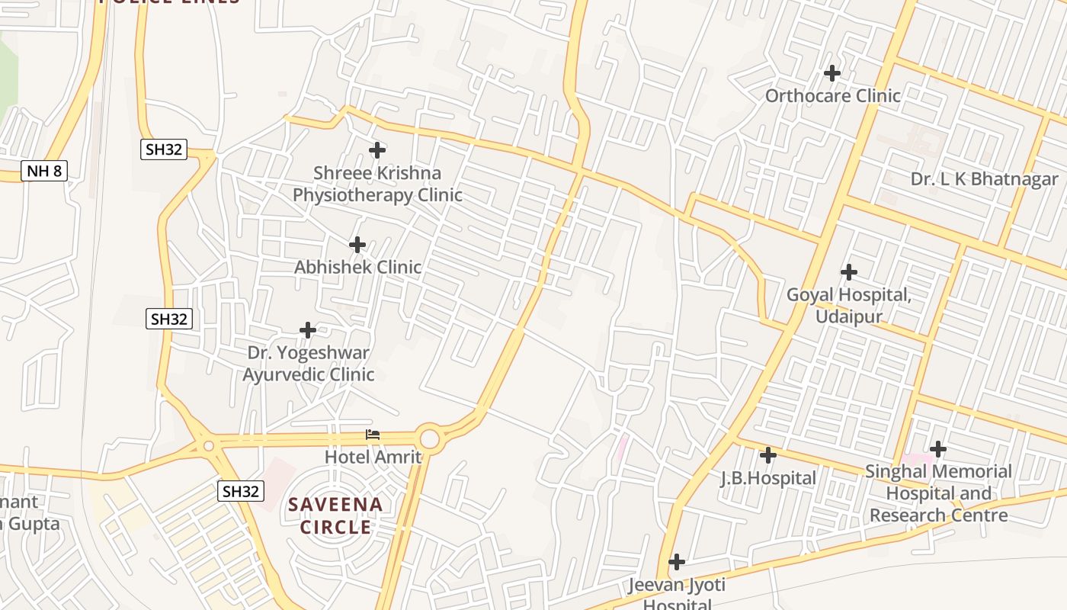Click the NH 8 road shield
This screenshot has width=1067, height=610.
click(x=44, y=171)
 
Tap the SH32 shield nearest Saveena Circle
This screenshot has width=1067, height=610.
click(x=241, y=491)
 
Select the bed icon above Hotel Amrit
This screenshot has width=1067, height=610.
click(x=373, y=435)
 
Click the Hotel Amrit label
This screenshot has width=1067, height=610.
click(x=373, y=457)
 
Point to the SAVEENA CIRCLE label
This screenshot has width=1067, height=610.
click(x=335, y=515)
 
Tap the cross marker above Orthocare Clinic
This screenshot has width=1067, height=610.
click(x=832, y=73)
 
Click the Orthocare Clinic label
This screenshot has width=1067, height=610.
click(x=832, y=96)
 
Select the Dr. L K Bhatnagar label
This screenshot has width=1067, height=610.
click(x=984, y=179)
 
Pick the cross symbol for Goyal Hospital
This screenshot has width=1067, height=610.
click(x=848, y=272)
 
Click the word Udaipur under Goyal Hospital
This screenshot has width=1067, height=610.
click(x=849, y=316)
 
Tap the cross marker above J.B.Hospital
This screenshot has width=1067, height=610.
click(x=768, y=455)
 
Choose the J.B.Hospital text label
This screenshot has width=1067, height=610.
click(x=768, y=479)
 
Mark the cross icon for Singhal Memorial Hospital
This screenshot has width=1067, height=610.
click(x=938, y=448)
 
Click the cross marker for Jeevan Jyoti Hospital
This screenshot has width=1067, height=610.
click(x=676, y=563)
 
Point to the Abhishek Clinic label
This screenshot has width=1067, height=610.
click(x=357, y=268)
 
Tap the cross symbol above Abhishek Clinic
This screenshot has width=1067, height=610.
click(x=357, y=245)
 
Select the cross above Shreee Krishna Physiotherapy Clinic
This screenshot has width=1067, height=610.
click(x=377, y=150)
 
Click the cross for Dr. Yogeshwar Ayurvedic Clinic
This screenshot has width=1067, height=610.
click(x=308, y=330)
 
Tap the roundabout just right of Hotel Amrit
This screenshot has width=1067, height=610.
click(x=430, y=439)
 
